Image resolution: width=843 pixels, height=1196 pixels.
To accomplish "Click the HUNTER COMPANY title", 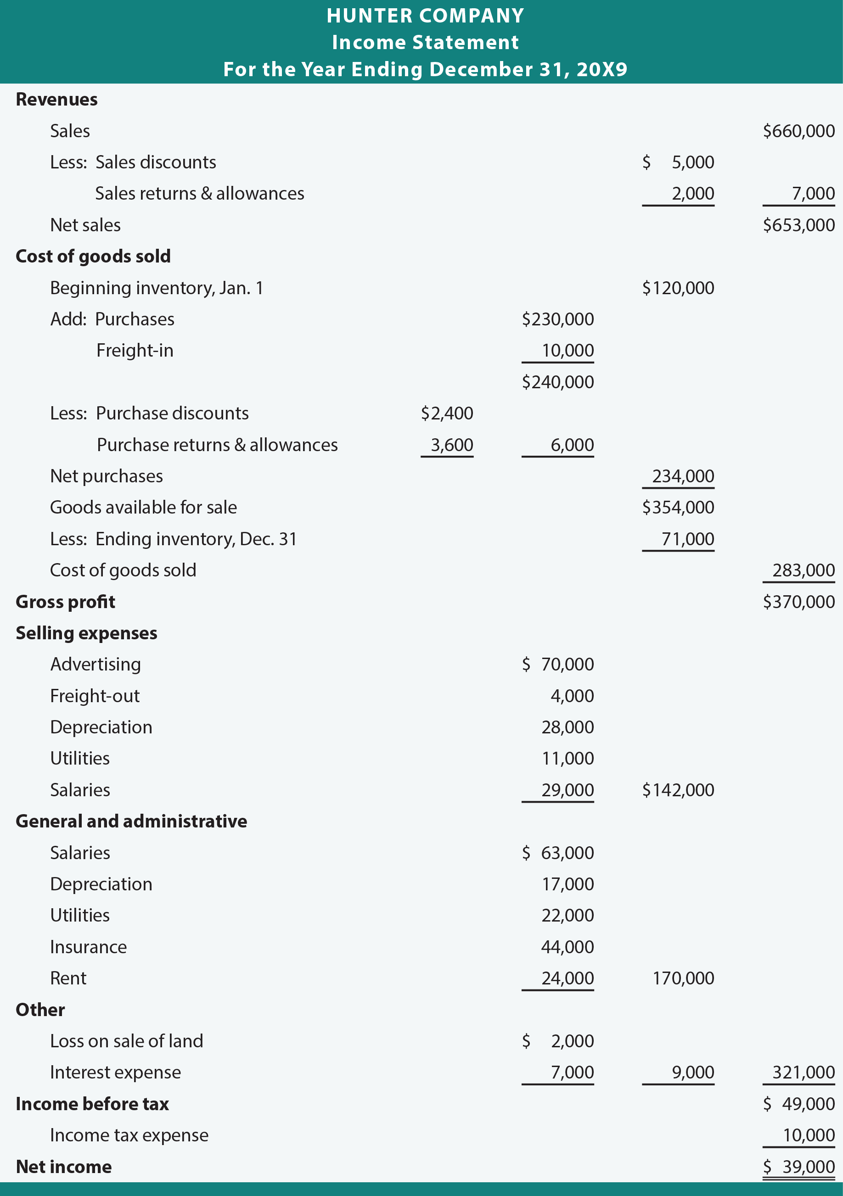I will point(425,16).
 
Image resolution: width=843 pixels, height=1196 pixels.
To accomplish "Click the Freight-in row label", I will point(135,350).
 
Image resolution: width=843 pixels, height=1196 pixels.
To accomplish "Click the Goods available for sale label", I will point(143,508).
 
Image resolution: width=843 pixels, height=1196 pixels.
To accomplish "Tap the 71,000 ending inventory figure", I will point(687,539).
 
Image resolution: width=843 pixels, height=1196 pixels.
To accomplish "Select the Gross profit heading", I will point(65,602).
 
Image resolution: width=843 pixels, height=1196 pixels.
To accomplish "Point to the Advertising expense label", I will point(96,664).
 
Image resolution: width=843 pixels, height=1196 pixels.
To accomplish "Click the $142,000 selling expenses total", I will point(677,790).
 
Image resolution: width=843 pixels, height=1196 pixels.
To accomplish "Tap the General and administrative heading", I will point(131,822).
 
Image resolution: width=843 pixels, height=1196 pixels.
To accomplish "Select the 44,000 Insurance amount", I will point(567,946).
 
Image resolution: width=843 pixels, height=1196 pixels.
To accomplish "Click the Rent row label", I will point(68,978).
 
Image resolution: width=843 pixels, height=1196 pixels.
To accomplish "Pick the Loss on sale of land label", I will point(126,1041).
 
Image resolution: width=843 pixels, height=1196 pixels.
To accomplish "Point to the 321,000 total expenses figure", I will point(803,1072).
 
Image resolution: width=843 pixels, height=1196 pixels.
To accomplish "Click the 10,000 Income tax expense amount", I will point(808,1135).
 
